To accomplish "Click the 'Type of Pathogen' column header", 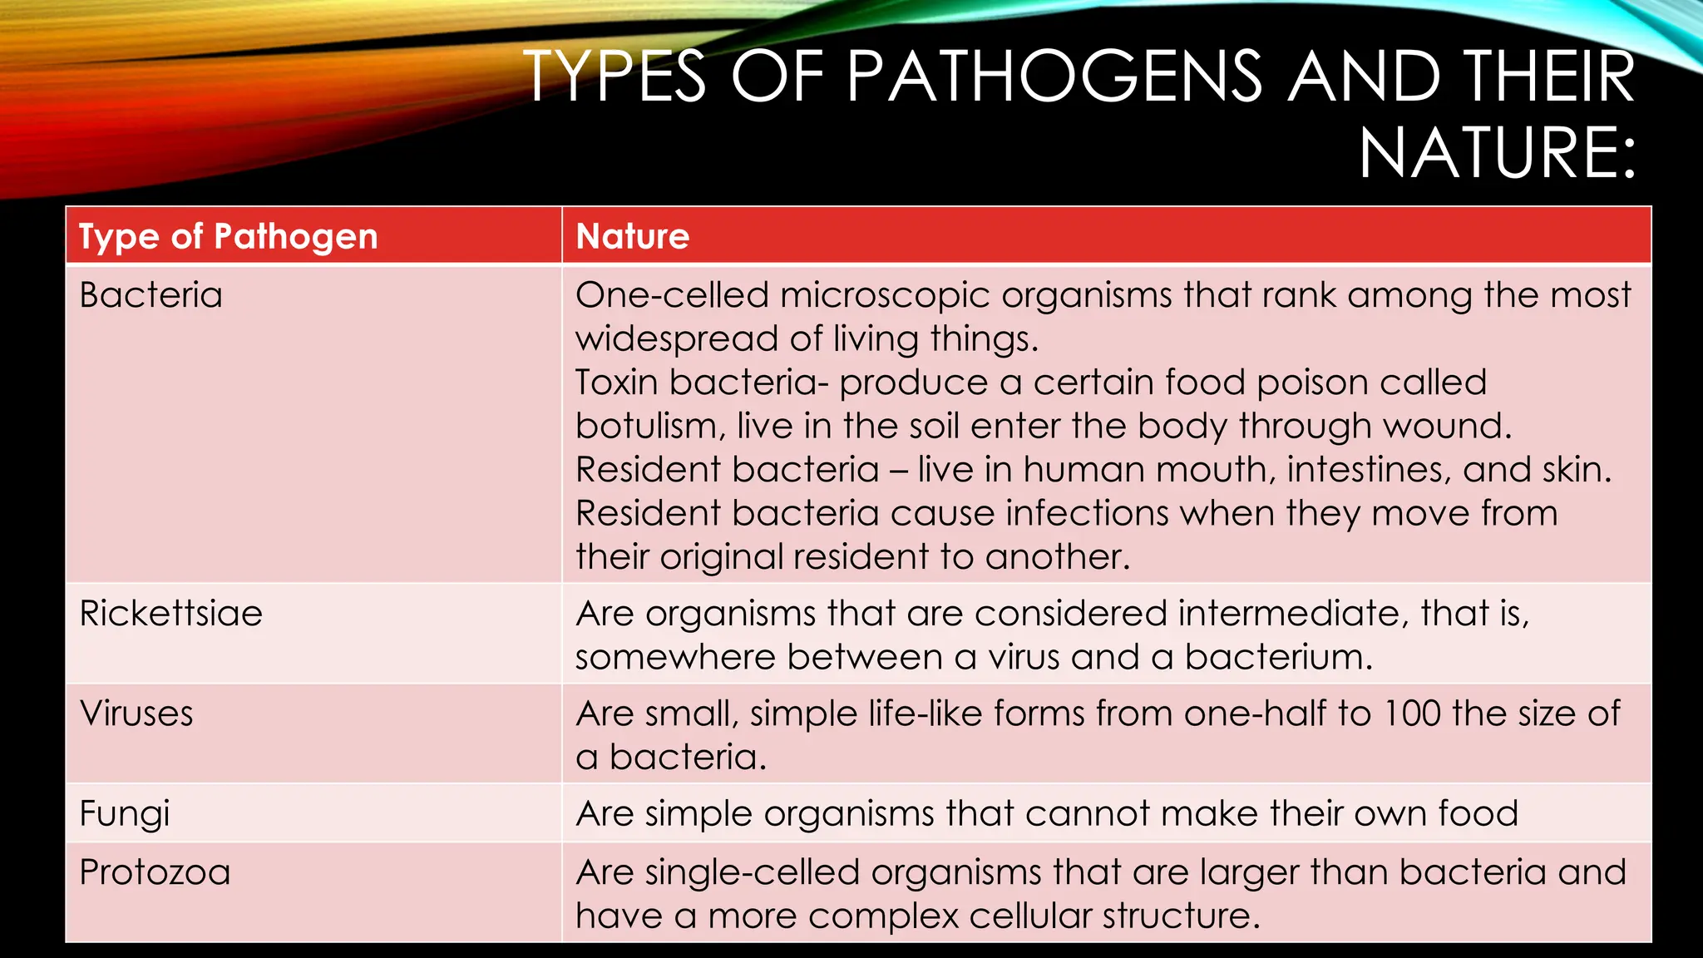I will point(228,237).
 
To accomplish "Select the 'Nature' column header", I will point(633,237).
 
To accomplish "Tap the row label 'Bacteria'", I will point(151,295).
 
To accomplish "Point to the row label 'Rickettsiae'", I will point(170,614).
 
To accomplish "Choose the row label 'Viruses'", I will point(136,714).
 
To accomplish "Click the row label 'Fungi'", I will point(125,813).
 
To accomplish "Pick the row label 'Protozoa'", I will point(155,872).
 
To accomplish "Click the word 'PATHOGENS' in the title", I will point(1054,77).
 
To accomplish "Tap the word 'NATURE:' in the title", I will point(1498,153).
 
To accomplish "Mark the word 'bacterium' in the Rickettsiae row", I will point(1277,657).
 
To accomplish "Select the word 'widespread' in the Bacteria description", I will point(677,339).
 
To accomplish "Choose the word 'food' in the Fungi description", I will point(1478,813).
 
